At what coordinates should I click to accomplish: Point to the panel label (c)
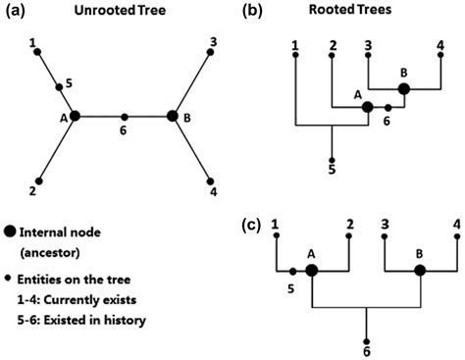tap(251, 225)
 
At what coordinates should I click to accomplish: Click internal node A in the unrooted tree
tap(76, 116)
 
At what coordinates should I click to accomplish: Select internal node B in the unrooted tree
tap(173, 116)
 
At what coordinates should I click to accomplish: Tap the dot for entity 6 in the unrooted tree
tap(124, 116)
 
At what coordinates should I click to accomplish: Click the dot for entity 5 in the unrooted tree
tap(58, 86)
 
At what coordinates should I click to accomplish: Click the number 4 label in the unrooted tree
tap(214, 192)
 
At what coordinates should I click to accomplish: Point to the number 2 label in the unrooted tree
tap(34, 192)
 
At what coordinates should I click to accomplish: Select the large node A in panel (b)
tap(368, 107)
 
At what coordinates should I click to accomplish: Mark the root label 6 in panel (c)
tap(366, 347)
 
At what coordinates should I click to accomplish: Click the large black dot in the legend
tap(10, 231)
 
